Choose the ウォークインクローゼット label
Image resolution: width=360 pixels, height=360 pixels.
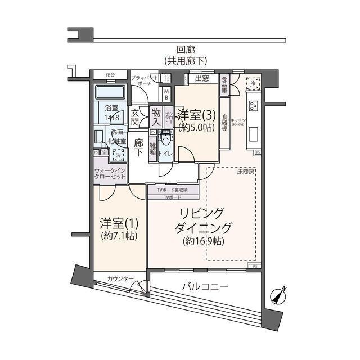click(x=110, y=174)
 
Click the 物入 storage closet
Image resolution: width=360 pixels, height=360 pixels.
click(x=156, y=116)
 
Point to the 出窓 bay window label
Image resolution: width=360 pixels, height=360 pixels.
click(x=202, y=79)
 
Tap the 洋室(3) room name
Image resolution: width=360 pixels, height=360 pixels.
click(x=197, y=115)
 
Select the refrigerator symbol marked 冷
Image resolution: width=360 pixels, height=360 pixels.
click(x=253, y=81)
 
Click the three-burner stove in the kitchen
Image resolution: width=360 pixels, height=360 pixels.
click(x=253, y=106)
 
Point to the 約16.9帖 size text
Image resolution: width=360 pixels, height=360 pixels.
click(x=203, y=241)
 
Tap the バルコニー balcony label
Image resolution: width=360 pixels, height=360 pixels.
click(x=205, y=287)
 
